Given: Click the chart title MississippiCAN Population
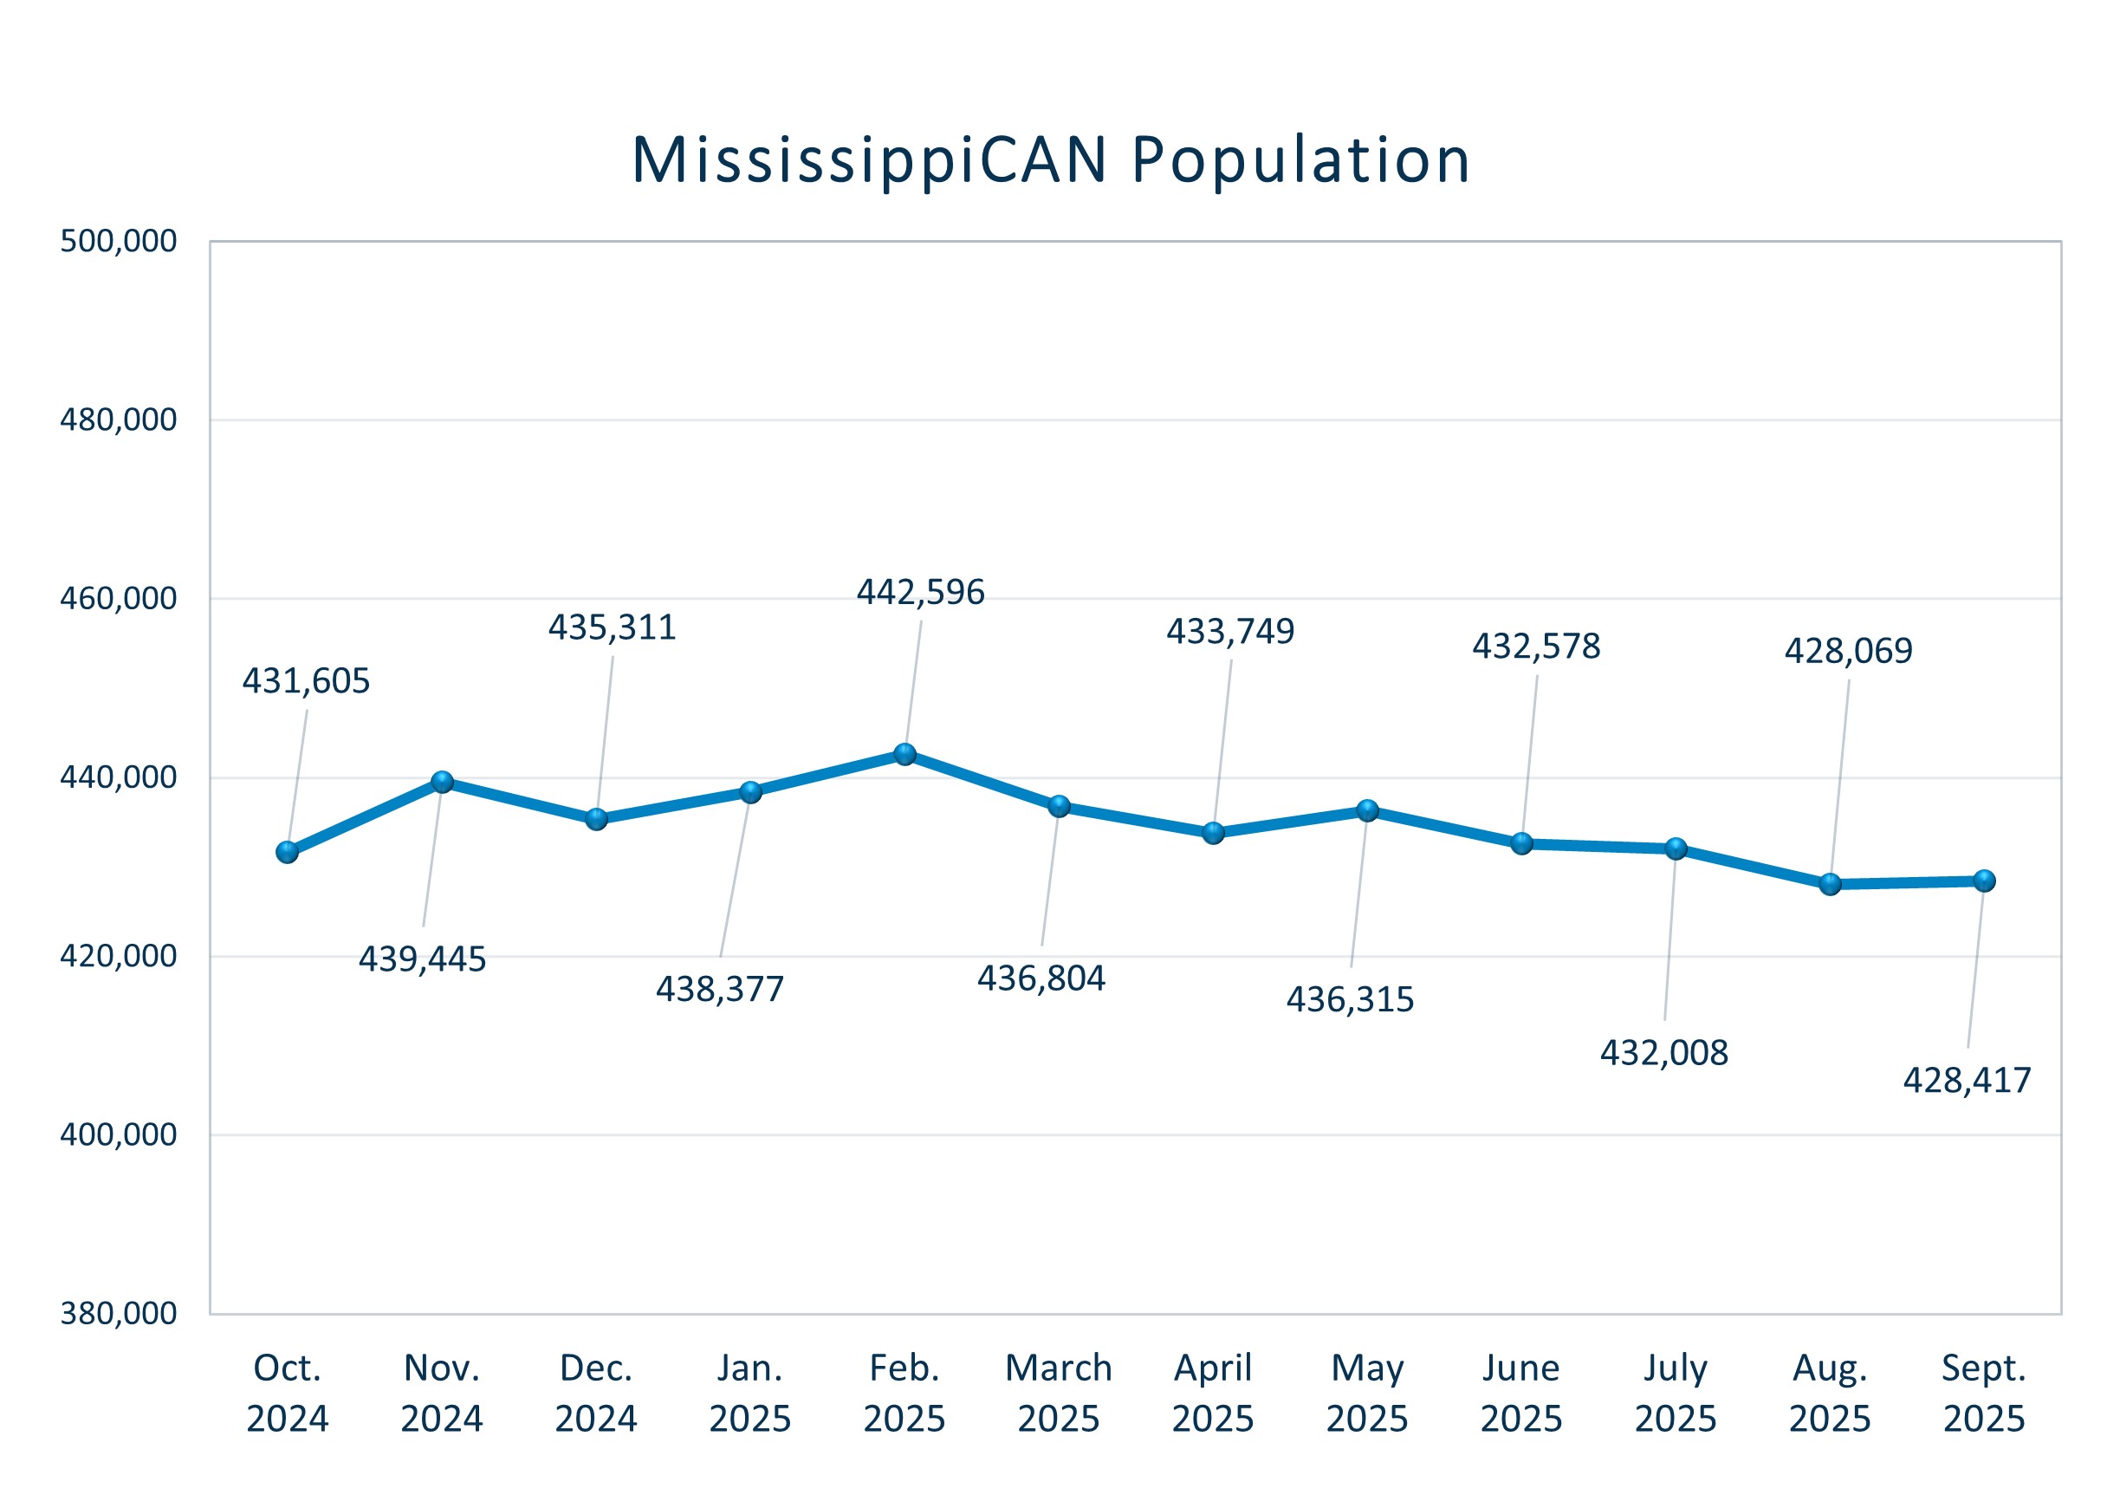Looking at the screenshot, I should click(x=1050, y=160).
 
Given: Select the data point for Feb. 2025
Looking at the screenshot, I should click(x=905, y=754).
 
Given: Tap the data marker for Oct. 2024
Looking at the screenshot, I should click(x=288, y=851).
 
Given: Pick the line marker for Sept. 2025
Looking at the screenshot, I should click(x=1984, y=881).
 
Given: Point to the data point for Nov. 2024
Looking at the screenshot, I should click(x=443, y=782).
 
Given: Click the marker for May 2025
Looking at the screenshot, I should click(x=1367, y=810).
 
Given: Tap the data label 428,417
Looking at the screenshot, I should click(x=1967, y=1080).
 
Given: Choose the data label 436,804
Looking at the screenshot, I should click(x=1041, y=978).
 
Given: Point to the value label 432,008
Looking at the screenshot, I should click(x=1663, y=1053).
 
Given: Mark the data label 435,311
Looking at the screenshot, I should click(x=612, y=627).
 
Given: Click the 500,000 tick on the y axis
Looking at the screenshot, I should click(x=118, y=242).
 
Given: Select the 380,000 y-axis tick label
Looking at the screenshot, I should click(x=118, y=1313).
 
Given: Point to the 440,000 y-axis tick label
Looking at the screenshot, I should click(x=118, y=777).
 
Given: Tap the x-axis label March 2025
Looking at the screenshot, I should click(x=1058, y=1393).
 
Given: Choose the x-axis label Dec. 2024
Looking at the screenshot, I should click(x=596, y=1393).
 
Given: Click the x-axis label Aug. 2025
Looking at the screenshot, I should click(x=1830, y=1393).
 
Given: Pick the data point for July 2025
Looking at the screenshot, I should click(x=1676, y=848).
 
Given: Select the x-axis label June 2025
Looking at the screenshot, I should click(x=1521, y=1393).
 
